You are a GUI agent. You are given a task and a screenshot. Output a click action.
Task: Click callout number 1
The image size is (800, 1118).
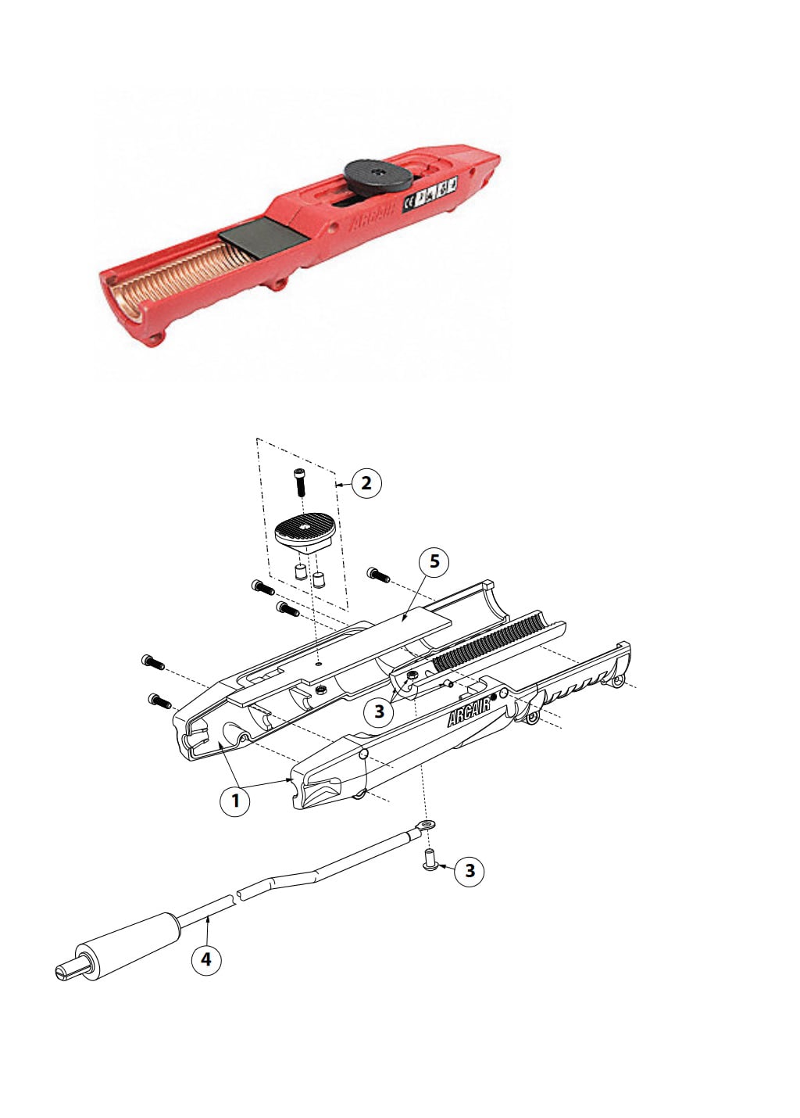coord(235,801)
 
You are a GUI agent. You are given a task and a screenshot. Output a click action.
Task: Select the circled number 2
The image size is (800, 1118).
coord(366,483)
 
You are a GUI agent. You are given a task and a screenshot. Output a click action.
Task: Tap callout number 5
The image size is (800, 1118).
coord(434,562)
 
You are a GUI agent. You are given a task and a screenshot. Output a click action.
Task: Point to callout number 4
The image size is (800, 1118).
coord(206,959)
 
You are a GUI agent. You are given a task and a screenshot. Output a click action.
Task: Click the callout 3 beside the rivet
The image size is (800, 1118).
coord(470,870)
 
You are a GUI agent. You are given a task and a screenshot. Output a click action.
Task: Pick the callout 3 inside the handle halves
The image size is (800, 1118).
coord(380,711)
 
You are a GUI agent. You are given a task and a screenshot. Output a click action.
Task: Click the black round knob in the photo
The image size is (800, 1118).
coord(379,173)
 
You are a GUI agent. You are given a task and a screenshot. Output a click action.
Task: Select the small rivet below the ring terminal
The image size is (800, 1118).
coord(430,861)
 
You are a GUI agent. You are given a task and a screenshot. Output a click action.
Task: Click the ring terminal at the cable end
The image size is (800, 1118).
coord(425,825)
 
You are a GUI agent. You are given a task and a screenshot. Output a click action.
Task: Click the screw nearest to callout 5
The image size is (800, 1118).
coord(378,575)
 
